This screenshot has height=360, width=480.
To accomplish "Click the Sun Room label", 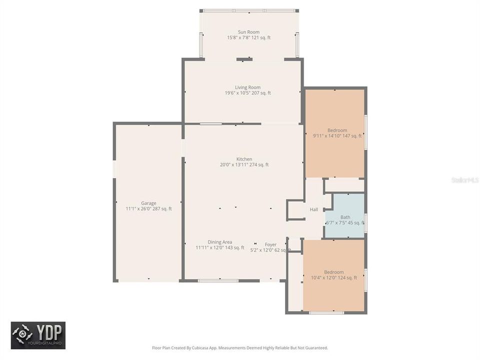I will point(248,32).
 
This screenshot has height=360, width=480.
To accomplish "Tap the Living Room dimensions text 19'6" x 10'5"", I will point(247,93).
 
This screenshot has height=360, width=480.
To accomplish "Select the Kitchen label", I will point(244,159).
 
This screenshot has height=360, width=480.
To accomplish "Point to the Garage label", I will point(148,203).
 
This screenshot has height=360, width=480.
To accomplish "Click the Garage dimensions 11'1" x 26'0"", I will point(148,209).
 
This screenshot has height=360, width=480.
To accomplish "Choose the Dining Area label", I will point(220,242).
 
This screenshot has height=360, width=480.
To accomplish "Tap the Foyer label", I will point(270,244).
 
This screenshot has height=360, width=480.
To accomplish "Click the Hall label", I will point(314,209).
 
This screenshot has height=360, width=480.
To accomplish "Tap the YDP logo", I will point(38,335).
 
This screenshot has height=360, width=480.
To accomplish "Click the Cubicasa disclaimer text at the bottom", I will point(240,347).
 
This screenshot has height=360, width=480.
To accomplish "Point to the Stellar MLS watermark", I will point(465,179).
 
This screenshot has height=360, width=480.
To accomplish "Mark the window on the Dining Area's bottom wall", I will point(218,280).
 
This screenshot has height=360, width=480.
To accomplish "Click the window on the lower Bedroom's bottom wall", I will point(326,313).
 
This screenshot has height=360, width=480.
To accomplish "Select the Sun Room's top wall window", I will point(249,10).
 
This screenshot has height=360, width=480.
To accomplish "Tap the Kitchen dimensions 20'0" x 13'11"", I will point(244,164).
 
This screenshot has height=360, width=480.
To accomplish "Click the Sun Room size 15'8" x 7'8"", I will point(248,37).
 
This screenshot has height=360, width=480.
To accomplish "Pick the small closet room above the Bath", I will point(344,185).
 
